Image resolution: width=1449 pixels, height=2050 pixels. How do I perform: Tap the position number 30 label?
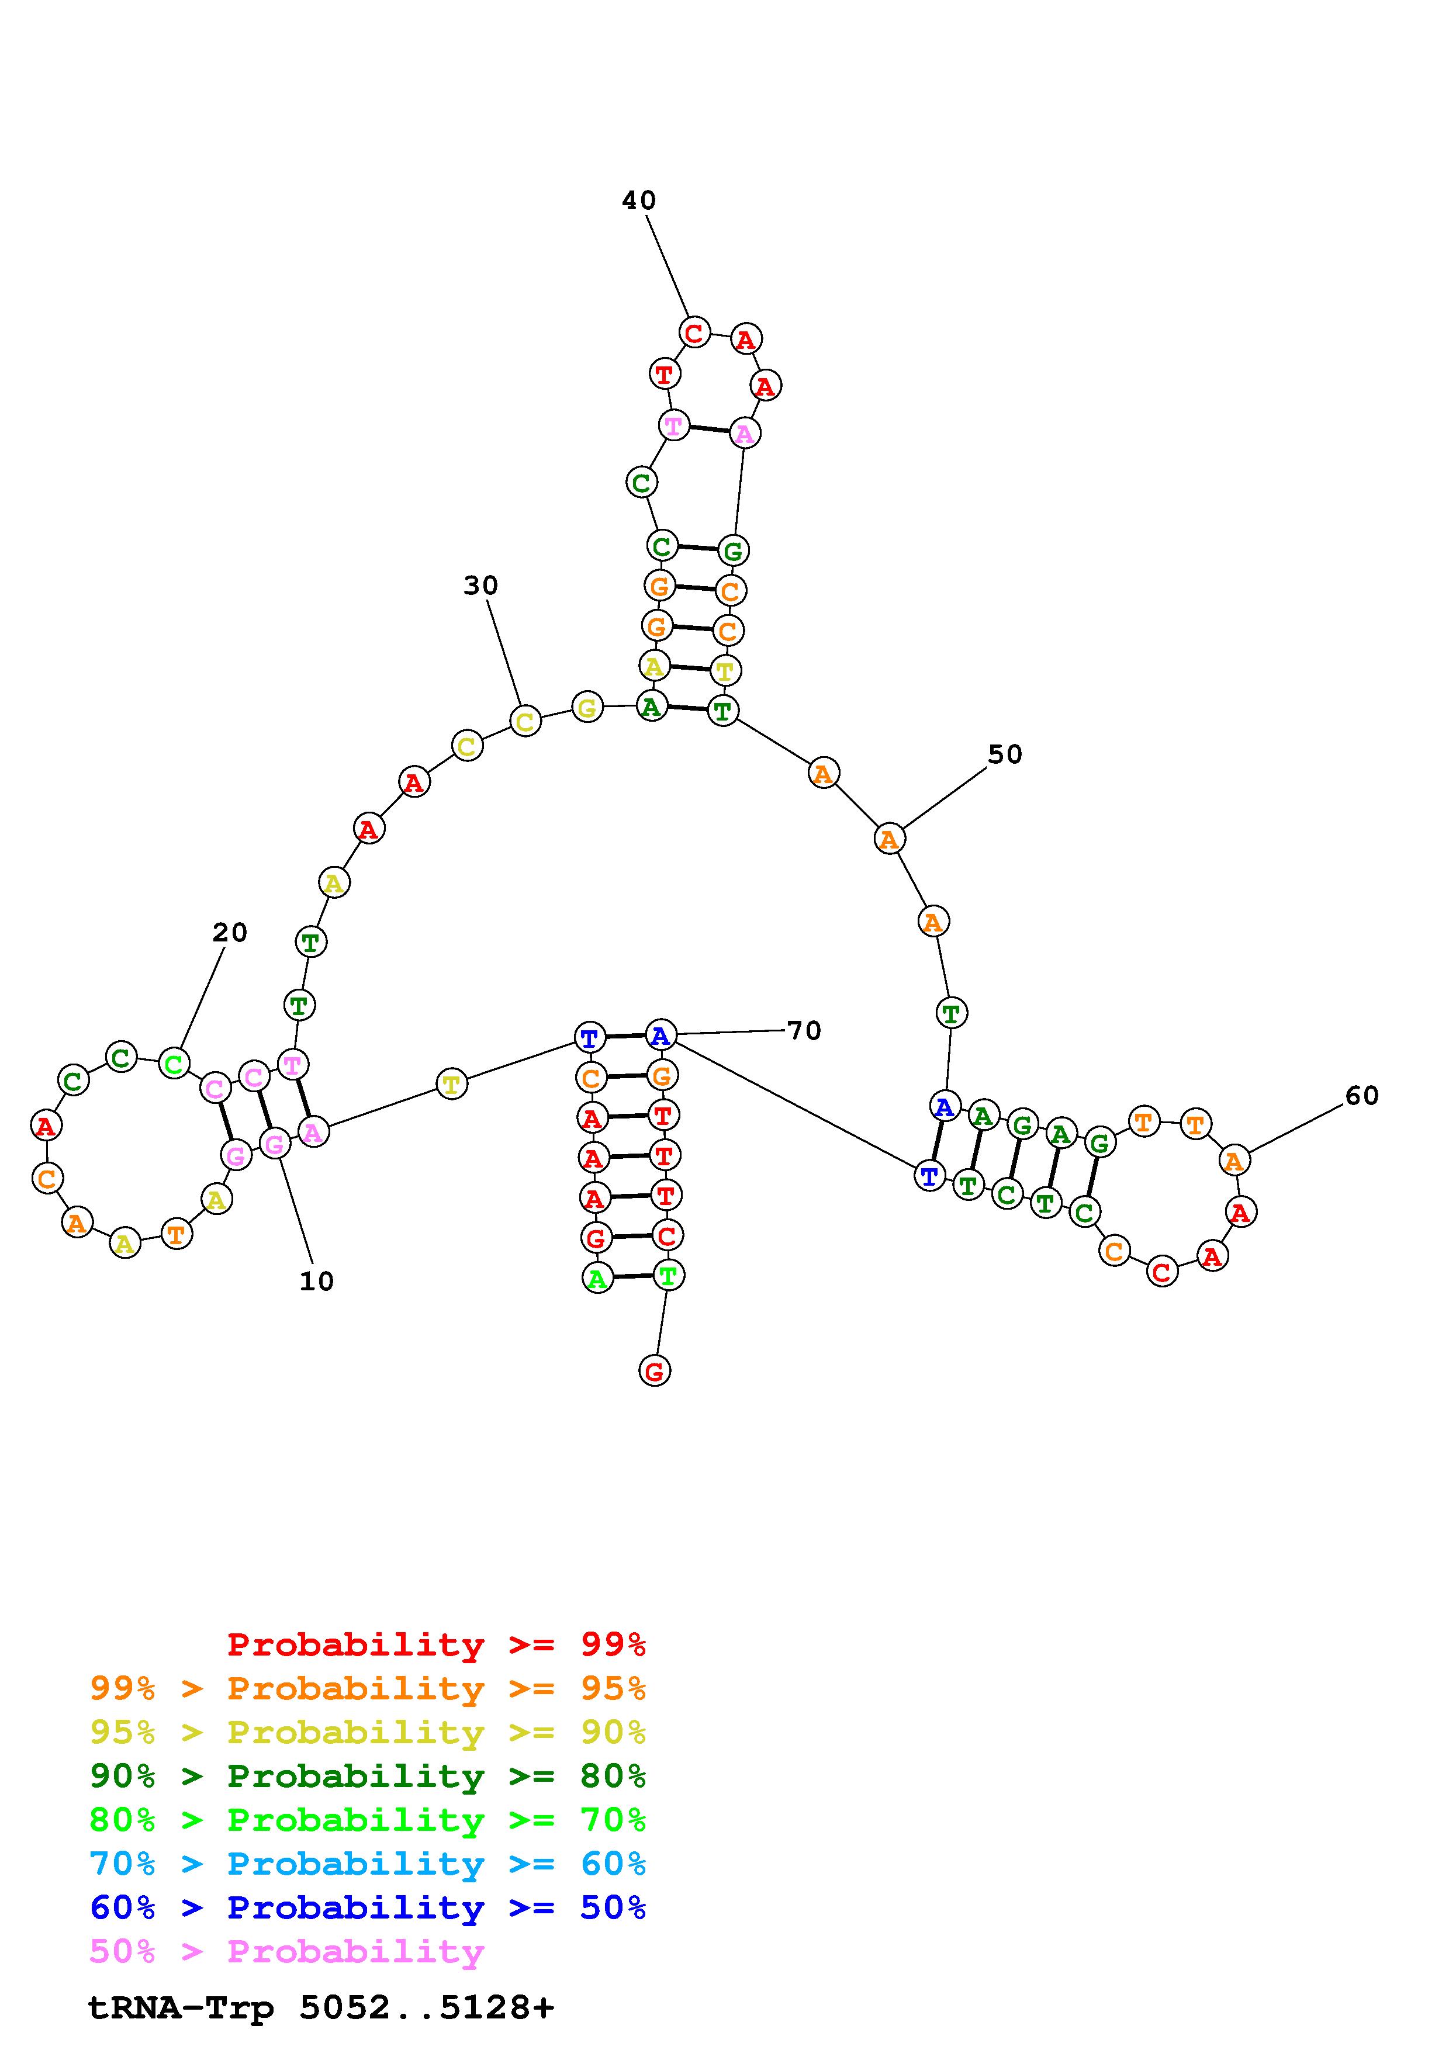tap(480, 586)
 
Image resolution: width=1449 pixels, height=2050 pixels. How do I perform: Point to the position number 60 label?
tap(1361, 1096)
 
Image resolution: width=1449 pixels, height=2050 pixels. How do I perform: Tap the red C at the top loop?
tap(694, 333)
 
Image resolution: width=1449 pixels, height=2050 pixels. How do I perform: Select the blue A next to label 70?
tap(660, 1036)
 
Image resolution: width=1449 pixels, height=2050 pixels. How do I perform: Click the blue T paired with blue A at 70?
tap(589, 1038)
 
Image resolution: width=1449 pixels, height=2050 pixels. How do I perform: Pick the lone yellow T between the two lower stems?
tap(452, 1085)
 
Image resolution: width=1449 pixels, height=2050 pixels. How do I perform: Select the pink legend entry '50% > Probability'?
tap(286, 1952)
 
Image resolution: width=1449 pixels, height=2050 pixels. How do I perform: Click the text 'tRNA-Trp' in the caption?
tap(181, 2007)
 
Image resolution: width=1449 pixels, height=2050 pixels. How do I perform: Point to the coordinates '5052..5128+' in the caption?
tap(427, 2007)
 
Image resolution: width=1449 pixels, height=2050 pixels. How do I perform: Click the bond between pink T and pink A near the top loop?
tap(709, 430)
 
